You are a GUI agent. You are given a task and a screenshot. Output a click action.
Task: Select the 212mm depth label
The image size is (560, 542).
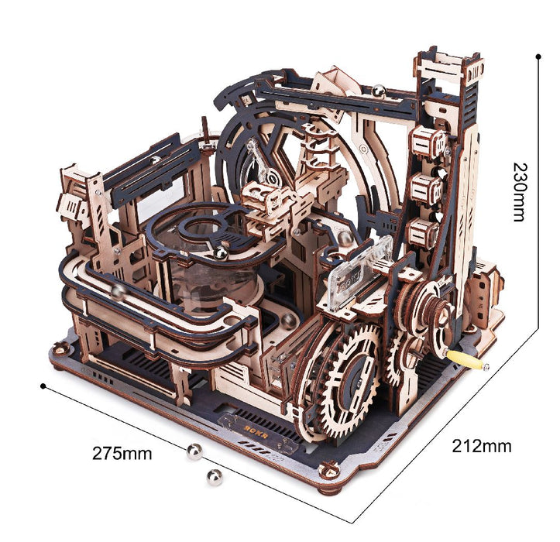[482, 446]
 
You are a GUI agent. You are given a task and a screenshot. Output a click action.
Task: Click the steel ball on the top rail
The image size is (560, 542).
[380, 92]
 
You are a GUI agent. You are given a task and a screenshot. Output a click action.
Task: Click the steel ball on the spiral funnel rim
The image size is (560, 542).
[221, 252]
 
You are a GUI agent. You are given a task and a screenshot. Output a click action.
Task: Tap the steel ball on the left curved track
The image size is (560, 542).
[119, 291]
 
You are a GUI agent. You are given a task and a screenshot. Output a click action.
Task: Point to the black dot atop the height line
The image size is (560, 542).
[538, 56]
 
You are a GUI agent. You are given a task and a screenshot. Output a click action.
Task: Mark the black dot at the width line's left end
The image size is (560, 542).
[43, 385]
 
